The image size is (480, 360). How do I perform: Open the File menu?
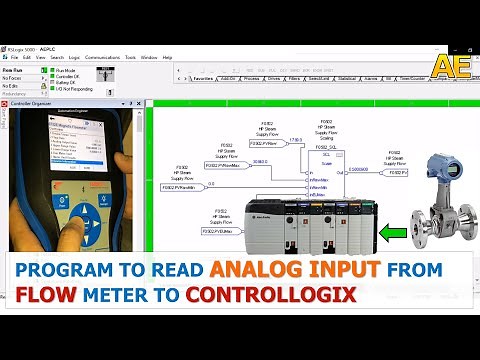click(14, 58)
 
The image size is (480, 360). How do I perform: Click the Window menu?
click(148, 58)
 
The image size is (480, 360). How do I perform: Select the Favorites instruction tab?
click(205, 77)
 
